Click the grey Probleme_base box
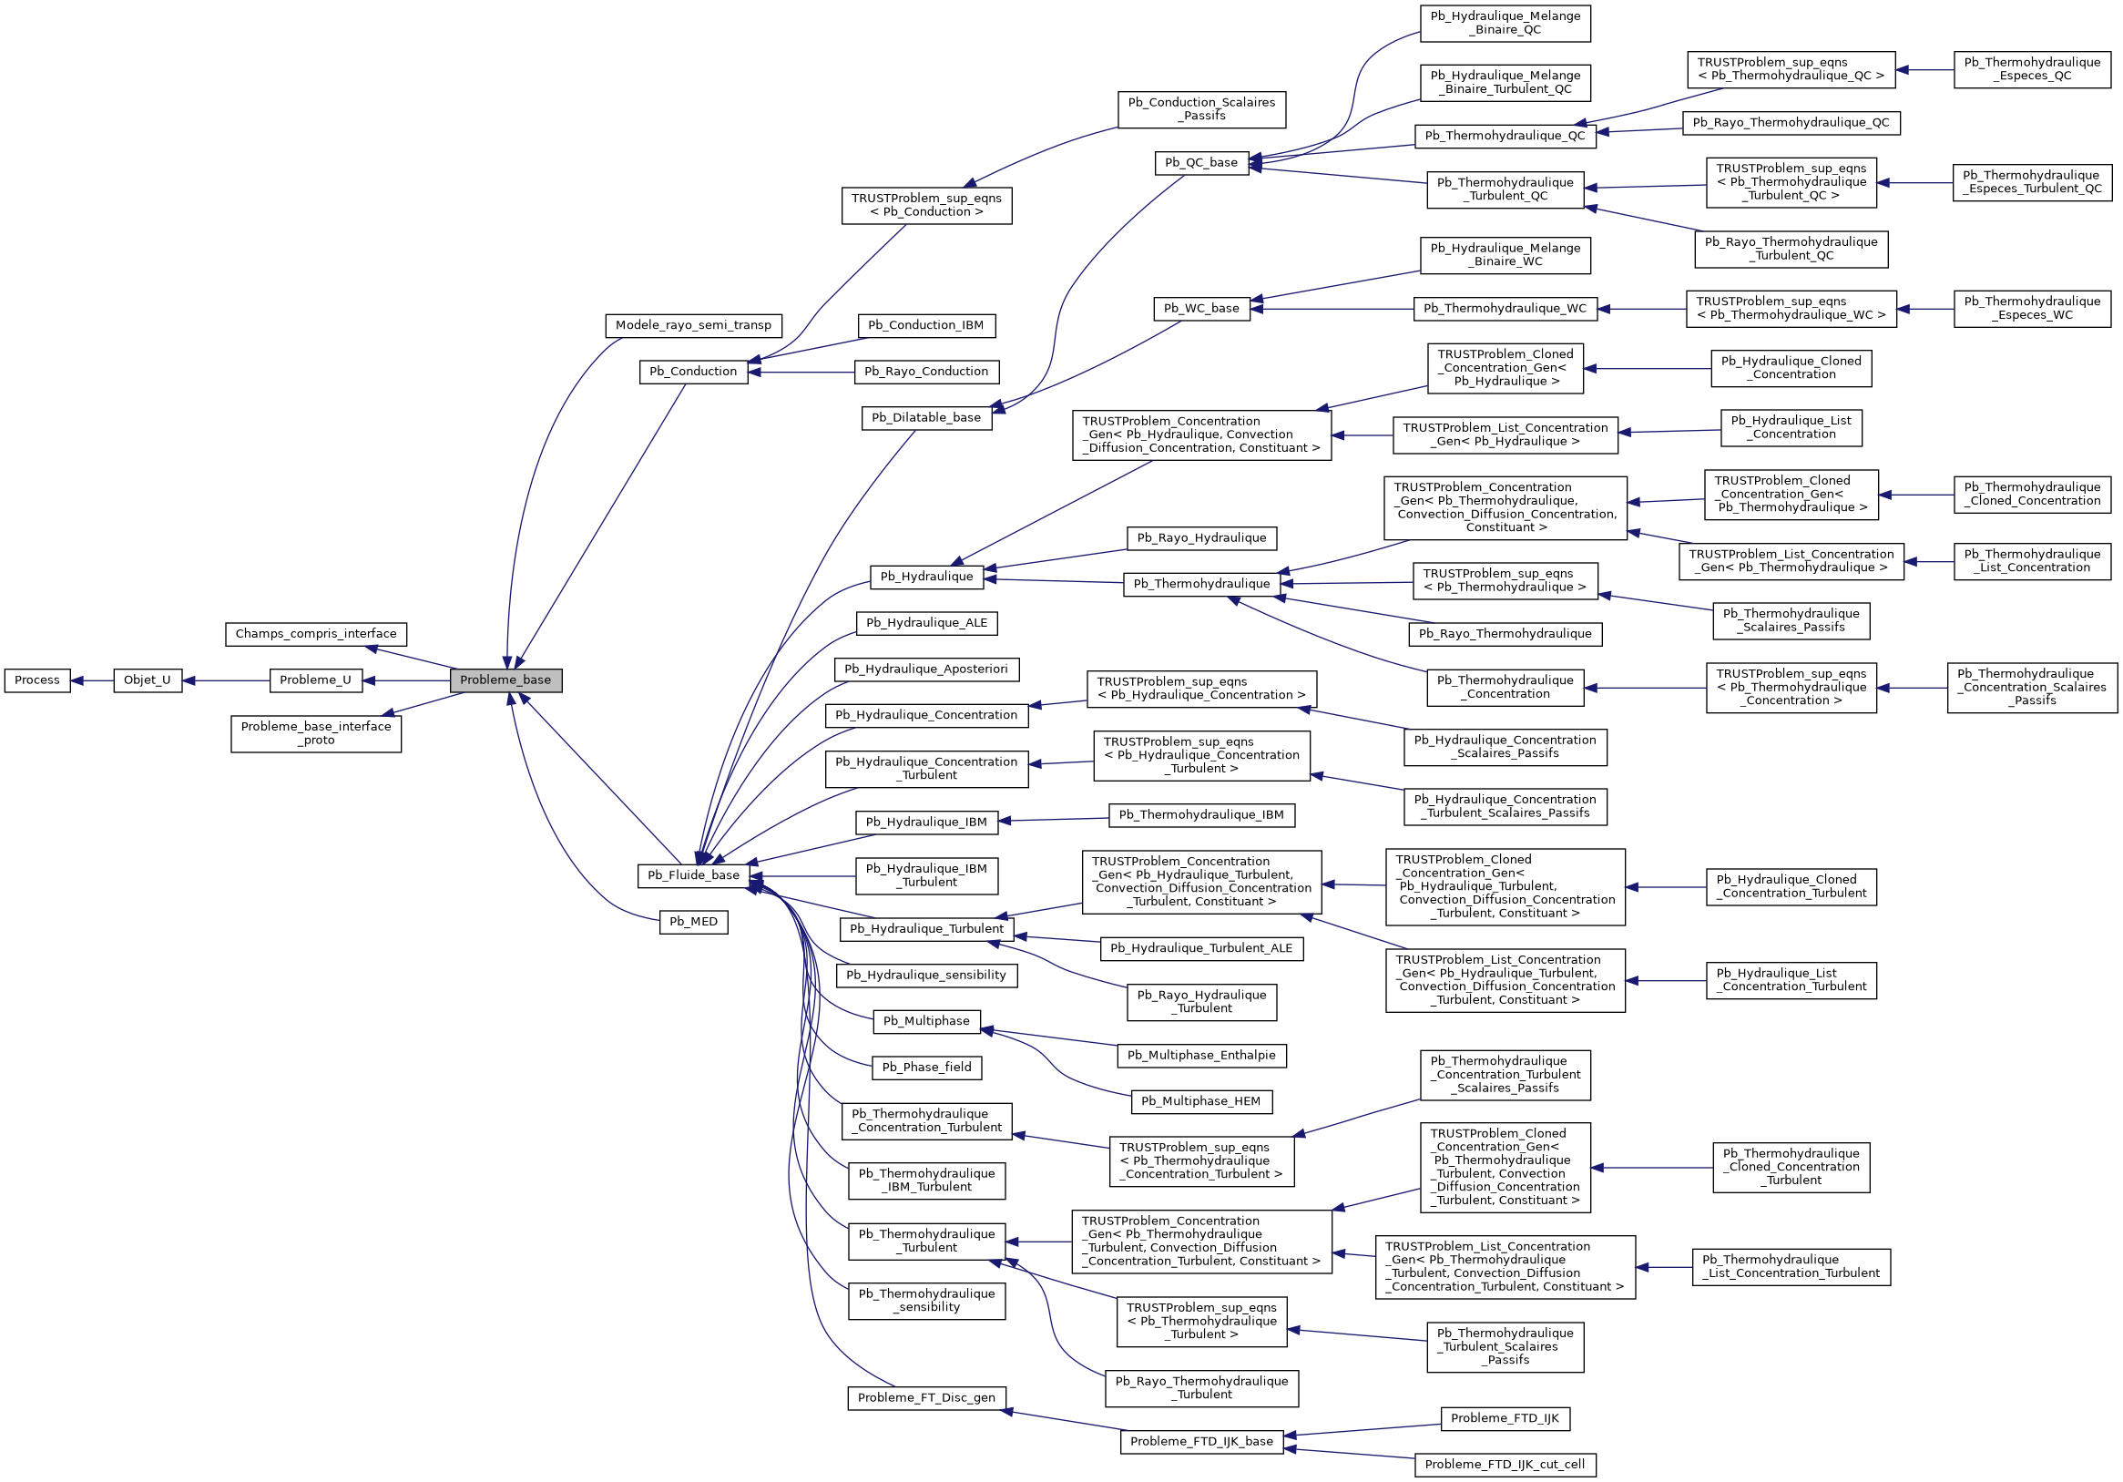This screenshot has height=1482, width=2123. click(505, 680)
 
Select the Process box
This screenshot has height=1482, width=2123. click(37, 680)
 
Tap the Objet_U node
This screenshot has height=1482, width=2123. click(147, 680)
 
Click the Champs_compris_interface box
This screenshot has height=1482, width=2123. click(315, 634)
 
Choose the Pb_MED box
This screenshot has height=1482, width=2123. click(693, 922)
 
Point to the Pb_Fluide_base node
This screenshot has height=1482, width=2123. click(693, 875)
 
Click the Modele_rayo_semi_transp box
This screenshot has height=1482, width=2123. click(692, 325)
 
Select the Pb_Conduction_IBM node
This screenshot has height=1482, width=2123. click(925, 325)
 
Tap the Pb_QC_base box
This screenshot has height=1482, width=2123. click(1201, 163)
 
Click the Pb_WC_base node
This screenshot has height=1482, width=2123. click(1201, 309)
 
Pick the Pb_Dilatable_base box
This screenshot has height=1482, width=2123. click(925, 418)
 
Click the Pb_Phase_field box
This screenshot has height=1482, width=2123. click(925, 1068)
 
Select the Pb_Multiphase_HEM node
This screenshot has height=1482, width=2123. click(1200, 1102)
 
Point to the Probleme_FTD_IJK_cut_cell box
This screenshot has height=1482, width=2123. click(1505, 1465)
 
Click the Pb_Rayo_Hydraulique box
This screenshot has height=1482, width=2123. click(1201, 538)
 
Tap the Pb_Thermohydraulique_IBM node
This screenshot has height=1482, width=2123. click(1201, 815)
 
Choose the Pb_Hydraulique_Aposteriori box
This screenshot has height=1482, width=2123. click(925, 669)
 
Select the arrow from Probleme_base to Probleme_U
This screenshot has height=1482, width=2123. click(407, 681)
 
